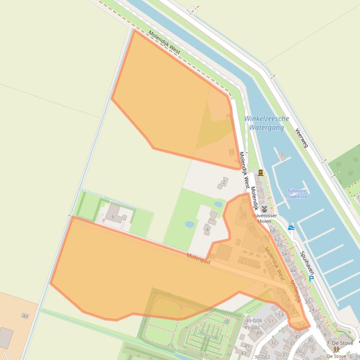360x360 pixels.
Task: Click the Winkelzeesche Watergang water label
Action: click(x=266, y=123)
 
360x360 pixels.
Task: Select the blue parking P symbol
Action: click(x=311, y=279)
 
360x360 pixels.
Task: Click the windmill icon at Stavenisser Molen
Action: click(x=264, y=209)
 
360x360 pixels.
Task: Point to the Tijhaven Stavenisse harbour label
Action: click(x=296, y=194)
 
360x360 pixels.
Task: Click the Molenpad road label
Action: click(x=198, y=259)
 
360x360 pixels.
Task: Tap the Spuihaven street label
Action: click(x=307, y=263)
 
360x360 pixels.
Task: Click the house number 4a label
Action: click(x=25, y=316)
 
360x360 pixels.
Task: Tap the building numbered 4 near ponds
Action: click(x=206, y=230)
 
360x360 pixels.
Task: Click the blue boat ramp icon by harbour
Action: click(x=291, y=228)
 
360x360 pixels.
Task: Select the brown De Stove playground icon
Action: click(x=336, y=349)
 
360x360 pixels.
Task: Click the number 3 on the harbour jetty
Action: click(x=281, y=155)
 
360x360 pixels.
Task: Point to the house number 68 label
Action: click(x=272, y=231)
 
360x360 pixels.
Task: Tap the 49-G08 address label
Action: click(x=253, y=321)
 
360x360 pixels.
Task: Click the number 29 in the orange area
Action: click(x=228, y=116)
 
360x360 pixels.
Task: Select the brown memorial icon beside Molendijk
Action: click(x=261, y=173)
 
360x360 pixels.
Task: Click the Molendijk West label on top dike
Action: click(x=164, y=43)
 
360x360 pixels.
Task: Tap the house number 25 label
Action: click(x=243, y=216)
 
